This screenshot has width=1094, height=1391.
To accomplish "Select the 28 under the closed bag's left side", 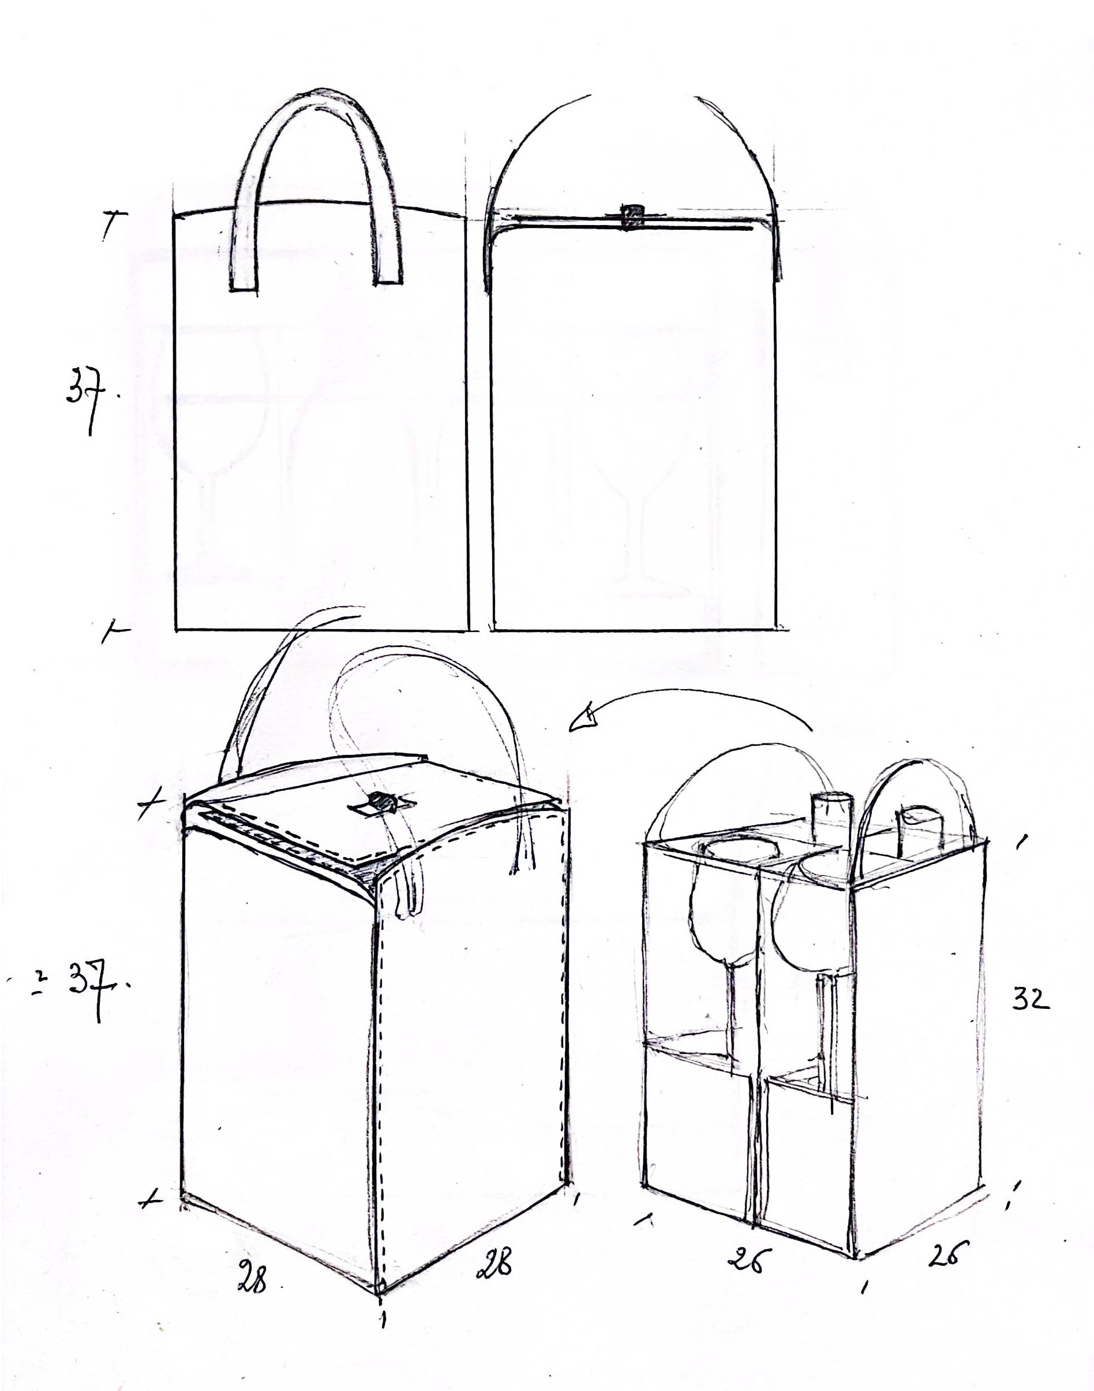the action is pos(252,1276).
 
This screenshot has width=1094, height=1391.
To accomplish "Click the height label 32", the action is pos(1031,999).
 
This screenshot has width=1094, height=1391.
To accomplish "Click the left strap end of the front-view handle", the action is pos(243,287).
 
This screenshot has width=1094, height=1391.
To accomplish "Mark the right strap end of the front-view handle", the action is pos(388,280).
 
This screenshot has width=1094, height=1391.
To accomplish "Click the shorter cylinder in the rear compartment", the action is pos(919,831).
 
